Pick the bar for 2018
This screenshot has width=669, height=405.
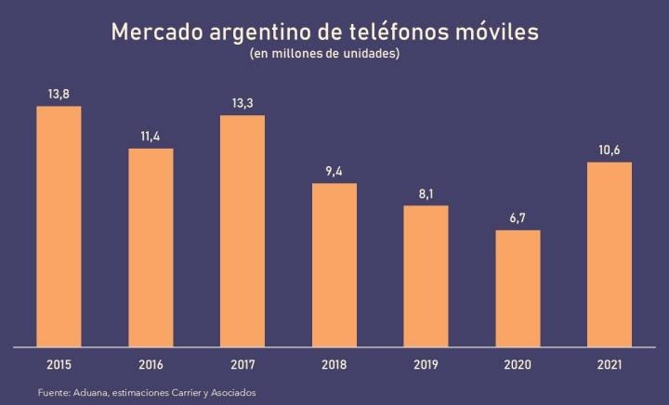click(x=334, y=265)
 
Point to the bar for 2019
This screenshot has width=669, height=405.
click(x=426, y=276)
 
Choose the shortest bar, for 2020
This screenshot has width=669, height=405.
click(x=518, y=288)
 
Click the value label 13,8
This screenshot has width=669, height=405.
click(x=59, y=94)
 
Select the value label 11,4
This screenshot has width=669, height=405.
click(x=151, y=137)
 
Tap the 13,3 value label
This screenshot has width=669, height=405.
click(x=243, y=102)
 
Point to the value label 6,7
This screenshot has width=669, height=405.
click(x=518, y=217)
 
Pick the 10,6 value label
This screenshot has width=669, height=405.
click(x=610, y=150)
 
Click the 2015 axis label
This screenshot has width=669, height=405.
click(x=59, y=364)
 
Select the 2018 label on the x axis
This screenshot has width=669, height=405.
click(x=334, y=364)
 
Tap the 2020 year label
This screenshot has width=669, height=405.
click(x=518, y=364)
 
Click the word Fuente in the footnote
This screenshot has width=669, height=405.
click(x=55, y=394)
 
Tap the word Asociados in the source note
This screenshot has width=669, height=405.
click(x=229, y=394)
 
